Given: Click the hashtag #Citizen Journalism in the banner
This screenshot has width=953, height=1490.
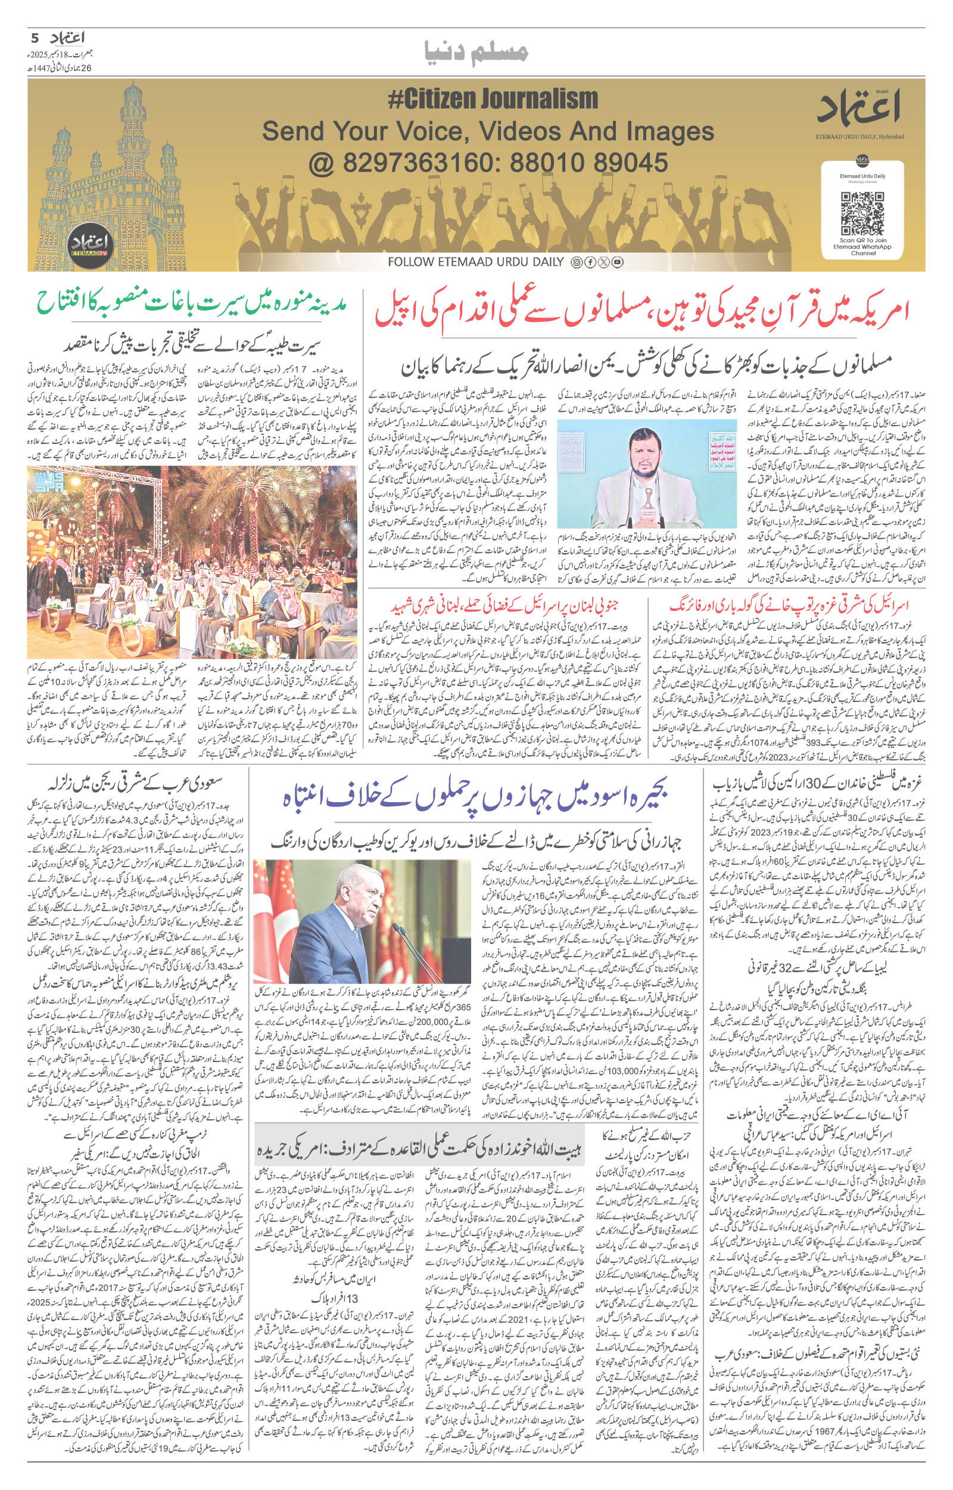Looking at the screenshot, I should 493,99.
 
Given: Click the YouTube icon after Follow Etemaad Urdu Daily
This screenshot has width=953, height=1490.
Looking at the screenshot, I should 618,262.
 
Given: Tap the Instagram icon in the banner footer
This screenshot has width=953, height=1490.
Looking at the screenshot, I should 576,262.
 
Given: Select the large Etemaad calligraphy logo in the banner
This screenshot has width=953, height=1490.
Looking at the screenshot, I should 859,106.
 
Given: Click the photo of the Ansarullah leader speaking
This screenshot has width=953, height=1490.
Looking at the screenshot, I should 647,474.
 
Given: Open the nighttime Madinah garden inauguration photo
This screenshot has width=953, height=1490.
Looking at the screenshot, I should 192,561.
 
